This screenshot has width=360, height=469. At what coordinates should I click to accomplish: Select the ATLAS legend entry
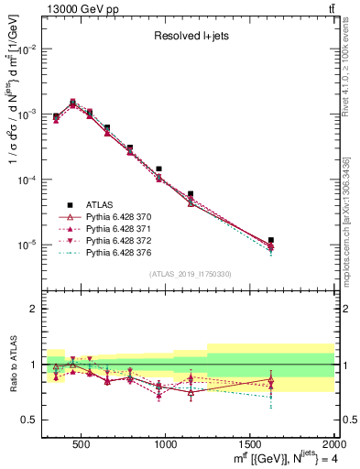click(104, 205)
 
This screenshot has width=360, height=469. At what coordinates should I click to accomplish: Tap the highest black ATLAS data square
click(72, 103)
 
